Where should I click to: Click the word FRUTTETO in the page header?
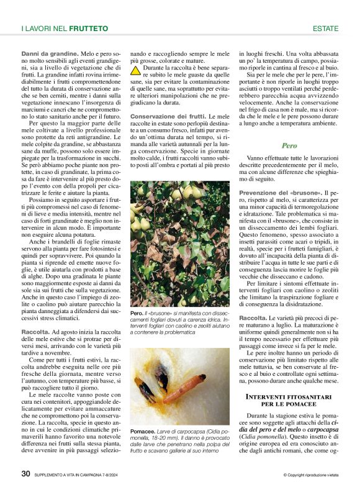point(88,29)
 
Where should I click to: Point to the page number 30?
point(26,474)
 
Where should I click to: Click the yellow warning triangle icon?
point(135,71)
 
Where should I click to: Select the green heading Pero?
point(289,146)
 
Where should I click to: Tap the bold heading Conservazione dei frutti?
point(167,117)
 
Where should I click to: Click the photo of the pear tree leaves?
point(179,242)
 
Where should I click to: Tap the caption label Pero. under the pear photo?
point(137,314)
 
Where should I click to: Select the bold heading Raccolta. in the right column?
point(253,318)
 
